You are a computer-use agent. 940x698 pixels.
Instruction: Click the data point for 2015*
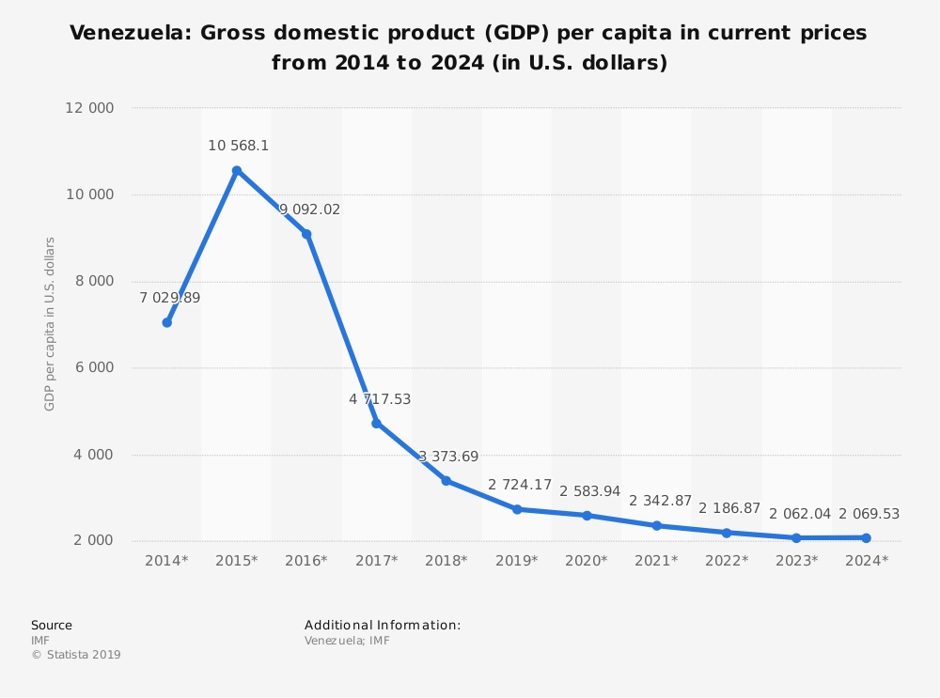click(237, 170)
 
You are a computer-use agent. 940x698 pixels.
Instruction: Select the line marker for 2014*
click(166, 322)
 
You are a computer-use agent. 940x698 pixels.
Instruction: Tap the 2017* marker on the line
click(376, 424)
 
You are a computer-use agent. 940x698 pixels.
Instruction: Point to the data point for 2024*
click(866, 538)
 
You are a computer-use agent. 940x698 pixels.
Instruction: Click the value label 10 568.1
click(239, 146)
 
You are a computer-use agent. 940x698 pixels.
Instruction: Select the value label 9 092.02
click(310, 209)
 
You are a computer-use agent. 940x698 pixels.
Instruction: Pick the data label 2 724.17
click(519, 485)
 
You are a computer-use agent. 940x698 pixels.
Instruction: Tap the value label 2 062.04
click(800, 514)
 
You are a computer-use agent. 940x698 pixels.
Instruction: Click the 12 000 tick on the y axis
click(89, 108)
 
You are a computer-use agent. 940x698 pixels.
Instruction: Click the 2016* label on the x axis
click(306, 560)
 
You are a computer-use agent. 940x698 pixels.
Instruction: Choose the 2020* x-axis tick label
click(587, 560)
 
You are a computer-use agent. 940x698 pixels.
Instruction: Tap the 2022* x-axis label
click(727, 560)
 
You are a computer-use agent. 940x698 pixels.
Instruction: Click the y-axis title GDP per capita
click(50, 324)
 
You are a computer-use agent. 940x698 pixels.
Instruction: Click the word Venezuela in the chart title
click(126, 34)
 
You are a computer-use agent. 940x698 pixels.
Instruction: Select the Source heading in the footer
click(52, 625)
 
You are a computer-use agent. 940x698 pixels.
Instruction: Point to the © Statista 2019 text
click(76, 655)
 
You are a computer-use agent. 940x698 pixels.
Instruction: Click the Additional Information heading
click(383, 625)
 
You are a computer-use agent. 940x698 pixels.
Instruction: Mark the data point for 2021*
click(657, 525)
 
